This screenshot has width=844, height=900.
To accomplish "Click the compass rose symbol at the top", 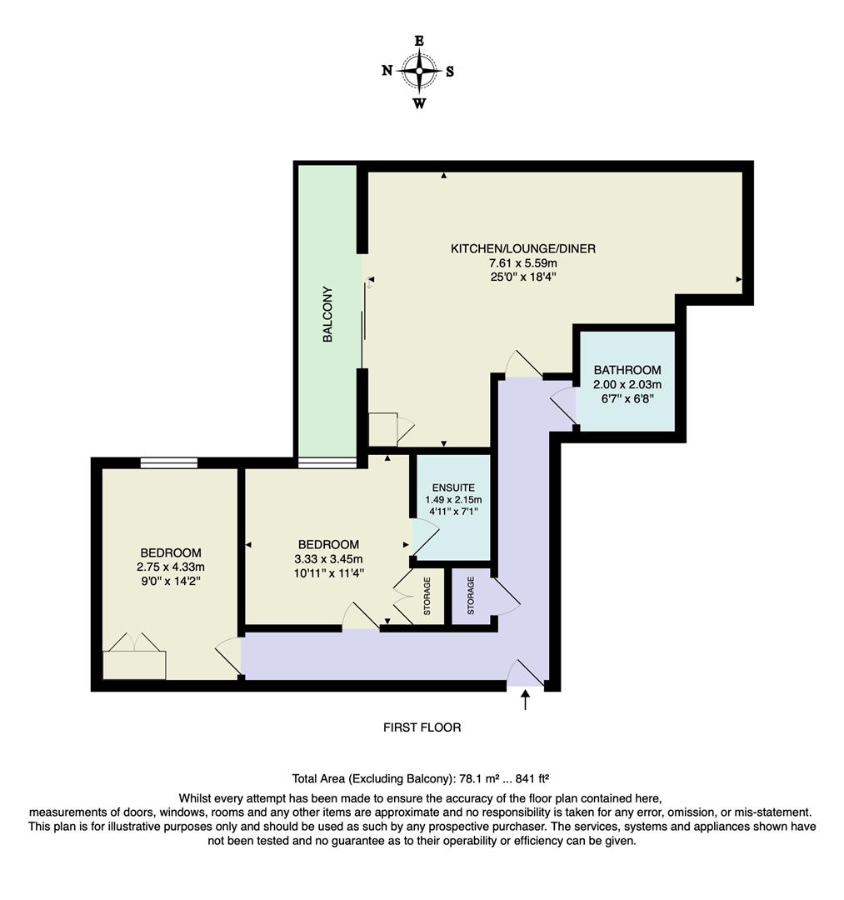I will (x=419, y=71).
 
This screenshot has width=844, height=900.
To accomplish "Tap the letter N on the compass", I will (x=387, y=71).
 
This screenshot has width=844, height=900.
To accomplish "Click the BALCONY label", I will (x=328, y=315).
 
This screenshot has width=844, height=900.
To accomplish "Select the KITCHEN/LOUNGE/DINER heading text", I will (x=522, y=248).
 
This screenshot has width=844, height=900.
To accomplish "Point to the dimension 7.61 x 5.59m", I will (x=522, y=263).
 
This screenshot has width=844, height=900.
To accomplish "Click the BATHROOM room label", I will (x=627, y=370).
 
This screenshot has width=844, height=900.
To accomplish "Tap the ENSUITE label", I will (x=453, y=487).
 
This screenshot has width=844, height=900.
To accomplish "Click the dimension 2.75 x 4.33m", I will (x=170, y=567).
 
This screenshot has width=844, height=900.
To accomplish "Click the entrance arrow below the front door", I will (x=525, y=700).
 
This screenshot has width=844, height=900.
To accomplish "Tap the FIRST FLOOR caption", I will (x=422, y=727).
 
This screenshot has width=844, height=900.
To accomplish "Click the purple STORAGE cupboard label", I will (x=470, y=595).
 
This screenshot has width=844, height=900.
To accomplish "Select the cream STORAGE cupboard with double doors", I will (x=427, y=597).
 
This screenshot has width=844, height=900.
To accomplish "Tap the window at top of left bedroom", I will (x=169, y=462).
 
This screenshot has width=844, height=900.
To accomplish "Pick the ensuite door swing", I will (x=425, y=535).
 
